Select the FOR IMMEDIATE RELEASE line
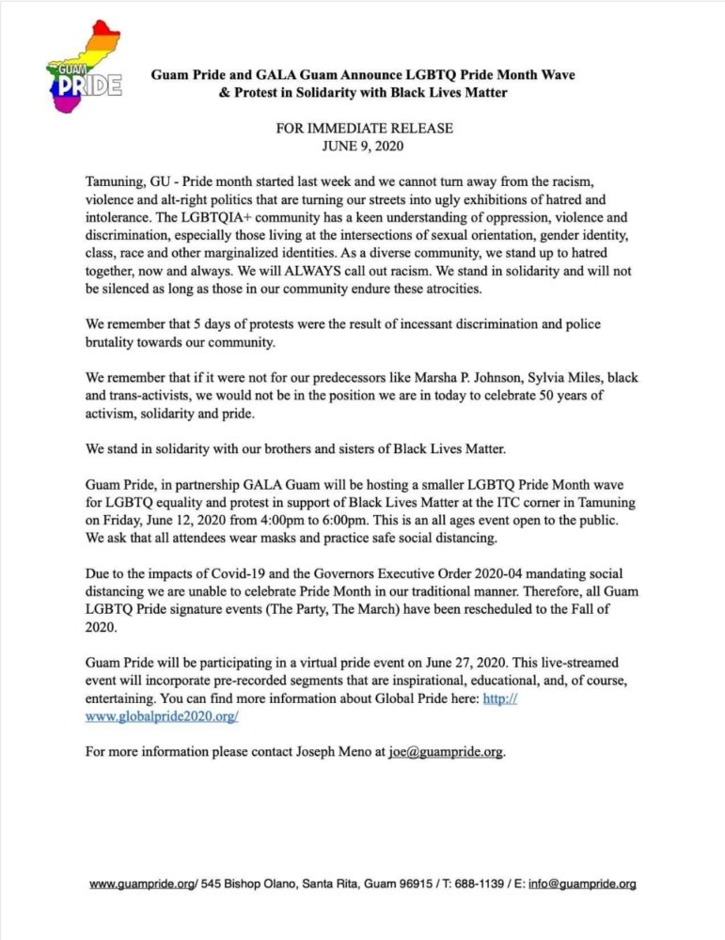click(363, 127)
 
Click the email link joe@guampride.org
click(447, 752)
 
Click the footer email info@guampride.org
click(582, 884)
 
